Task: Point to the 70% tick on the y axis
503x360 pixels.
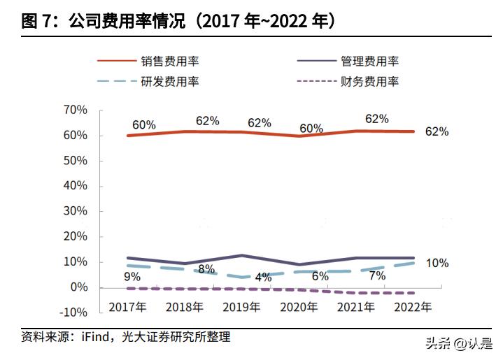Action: coord(75,110)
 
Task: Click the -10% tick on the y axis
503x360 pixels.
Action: coord(73,312)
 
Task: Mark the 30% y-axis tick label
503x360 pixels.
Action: coord(75,211)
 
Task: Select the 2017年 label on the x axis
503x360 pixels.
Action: coord(127,306)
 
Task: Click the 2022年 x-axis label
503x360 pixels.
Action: coord(414,306)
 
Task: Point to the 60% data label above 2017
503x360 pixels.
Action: coord(143,124)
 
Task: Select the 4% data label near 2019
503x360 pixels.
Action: coord(263,277)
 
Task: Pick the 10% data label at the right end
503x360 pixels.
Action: coord(437,264)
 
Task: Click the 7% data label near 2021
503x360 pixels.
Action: coord(377,276)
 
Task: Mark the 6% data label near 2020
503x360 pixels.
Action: coord(320,276)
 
